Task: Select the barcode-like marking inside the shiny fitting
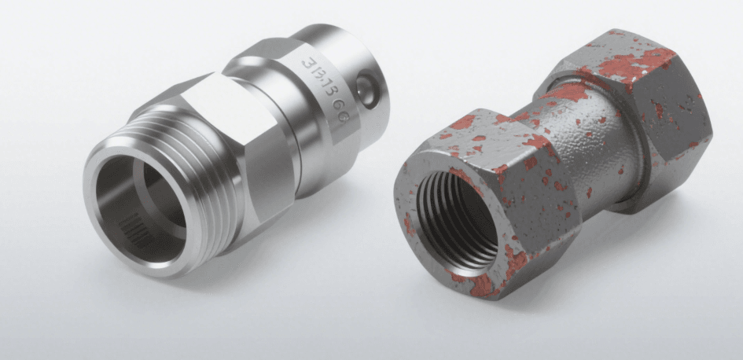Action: (x=141, y=233)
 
